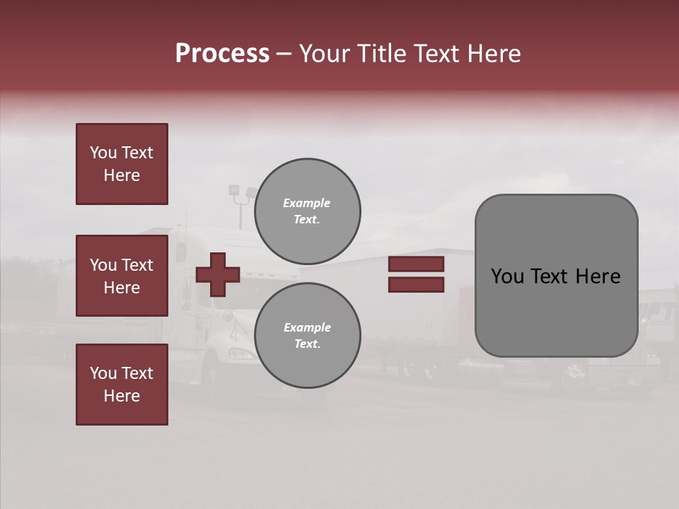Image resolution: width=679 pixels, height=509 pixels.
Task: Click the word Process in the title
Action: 222,54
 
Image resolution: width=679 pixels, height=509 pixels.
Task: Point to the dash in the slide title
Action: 284,54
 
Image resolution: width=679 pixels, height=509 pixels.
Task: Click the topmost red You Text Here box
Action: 122,164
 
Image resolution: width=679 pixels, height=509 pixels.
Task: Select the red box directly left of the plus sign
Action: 122,276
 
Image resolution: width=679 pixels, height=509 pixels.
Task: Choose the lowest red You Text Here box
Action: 122,385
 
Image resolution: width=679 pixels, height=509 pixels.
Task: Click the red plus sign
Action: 218,274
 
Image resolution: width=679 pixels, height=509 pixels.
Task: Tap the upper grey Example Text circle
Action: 307,211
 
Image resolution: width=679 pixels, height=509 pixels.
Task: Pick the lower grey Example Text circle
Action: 307,335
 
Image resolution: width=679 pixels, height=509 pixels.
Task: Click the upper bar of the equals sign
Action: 416,264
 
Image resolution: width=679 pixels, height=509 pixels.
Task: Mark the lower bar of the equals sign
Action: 416,284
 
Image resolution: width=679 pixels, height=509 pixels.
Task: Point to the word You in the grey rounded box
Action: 507,276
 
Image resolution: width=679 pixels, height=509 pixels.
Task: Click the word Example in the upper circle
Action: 307,203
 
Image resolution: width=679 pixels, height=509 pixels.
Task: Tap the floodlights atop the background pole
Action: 242,192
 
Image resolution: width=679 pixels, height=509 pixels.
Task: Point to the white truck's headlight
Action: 242,353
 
